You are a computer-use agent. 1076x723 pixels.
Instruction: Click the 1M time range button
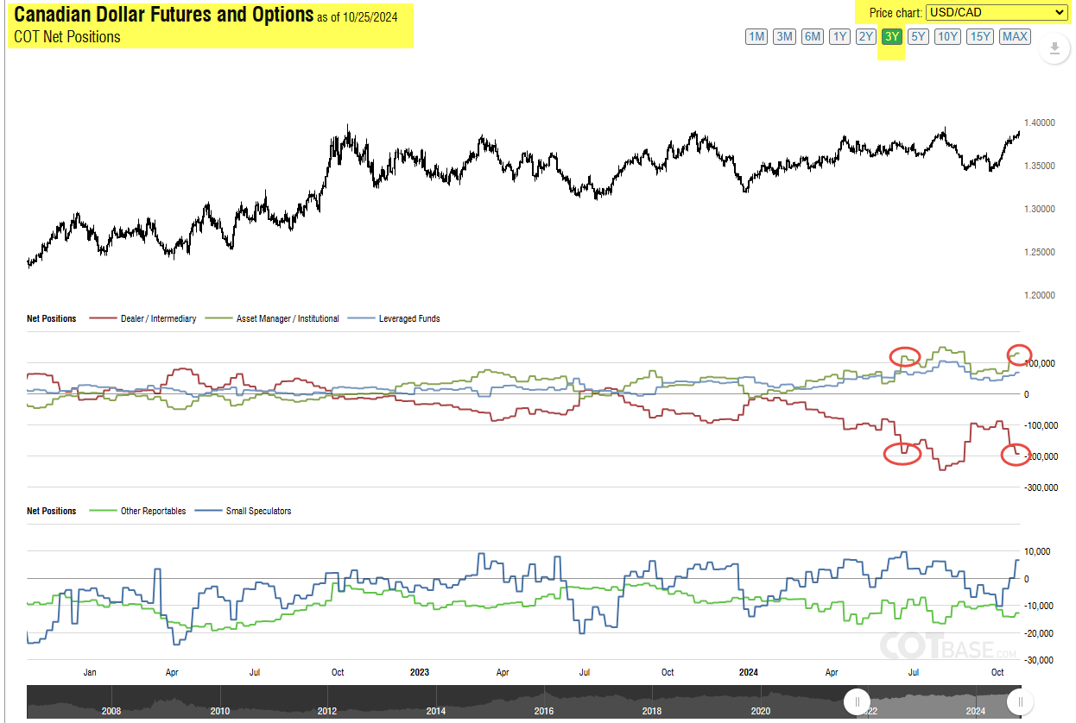pyautogui.click(x=756, y=36)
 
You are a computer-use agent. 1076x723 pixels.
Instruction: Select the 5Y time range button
pyautogui.click(x=918, y=36)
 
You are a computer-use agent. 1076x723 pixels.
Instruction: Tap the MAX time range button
pyautogui.click(x=1015, y=36)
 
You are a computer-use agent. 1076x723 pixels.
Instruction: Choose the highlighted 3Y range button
pyautogui.click(x=892, y=36)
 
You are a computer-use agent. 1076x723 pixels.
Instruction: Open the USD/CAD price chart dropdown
pyautogui.click(x=997, y=12)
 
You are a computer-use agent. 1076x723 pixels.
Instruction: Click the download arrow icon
pyautogui.click(x=1054, y=48)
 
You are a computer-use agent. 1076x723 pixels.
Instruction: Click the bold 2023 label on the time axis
pyautogui.click(x=420, y=671)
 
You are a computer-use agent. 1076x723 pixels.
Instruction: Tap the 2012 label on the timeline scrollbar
pyautogui.click(x=327, y=710)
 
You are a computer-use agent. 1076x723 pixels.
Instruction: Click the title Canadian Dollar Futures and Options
pyautogui.click(x=164, y=15)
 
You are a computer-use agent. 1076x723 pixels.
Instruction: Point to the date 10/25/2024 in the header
pyautogui.click(x=369, y=17)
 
